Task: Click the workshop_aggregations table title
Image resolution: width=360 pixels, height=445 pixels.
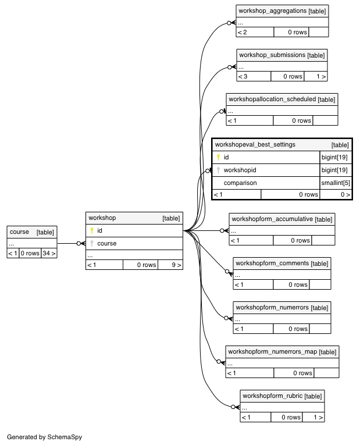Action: pos(272,11)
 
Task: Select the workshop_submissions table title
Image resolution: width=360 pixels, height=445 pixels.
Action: pos(272,55)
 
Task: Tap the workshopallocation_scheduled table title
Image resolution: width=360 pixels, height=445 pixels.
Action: pos(272,99)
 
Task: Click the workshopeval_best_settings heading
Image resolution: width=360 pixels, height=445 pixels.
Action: pos(255,144)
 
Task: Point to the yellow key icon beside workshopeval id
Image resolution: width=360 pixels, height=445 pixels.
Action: pos(218,157)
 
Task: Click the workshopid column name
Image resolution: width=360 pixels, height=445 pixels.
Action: pos(240,170)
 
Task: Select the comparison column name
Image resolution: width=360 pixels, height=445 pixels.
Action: pos(240,183)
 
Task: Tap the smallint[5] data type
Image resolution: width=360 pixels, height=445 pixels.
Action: pos(336,183)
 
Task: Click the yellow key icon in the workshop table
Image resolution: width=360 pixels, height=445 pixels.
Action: pos(92,230)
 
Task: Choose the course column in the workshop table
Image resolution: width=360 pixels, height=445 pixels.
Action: pos(106,244)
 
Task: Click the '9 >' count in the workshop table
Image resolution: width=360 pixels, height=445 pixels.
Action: pos(176,265)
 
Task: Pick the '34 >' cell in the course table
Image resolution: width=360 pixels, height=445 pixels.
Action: pos(49,253)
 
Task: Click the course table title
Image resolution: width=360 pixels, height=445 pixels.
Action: pos(19,232)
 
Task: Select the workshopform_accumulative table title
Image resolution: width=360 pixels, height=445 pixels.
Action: pos(272,219)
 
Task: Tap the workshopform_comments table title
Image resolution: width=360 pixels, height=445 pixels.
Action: pos(272,264)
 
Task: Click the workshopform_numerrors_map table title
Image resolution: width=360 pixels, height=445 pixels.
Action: pos(272,351)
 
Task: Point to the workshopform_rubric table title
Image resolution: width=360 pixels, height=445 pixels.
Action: pos(272,396)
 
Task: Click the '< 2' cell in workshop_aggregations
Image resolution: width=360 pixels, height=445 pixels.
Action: pos(243,33)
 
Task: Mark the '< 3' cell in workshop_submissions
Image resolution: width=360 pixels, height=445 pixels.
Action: pos(243,76)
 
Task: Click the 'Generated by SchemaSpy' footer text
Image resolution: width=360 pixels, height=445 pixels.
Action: pos(45,437)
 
